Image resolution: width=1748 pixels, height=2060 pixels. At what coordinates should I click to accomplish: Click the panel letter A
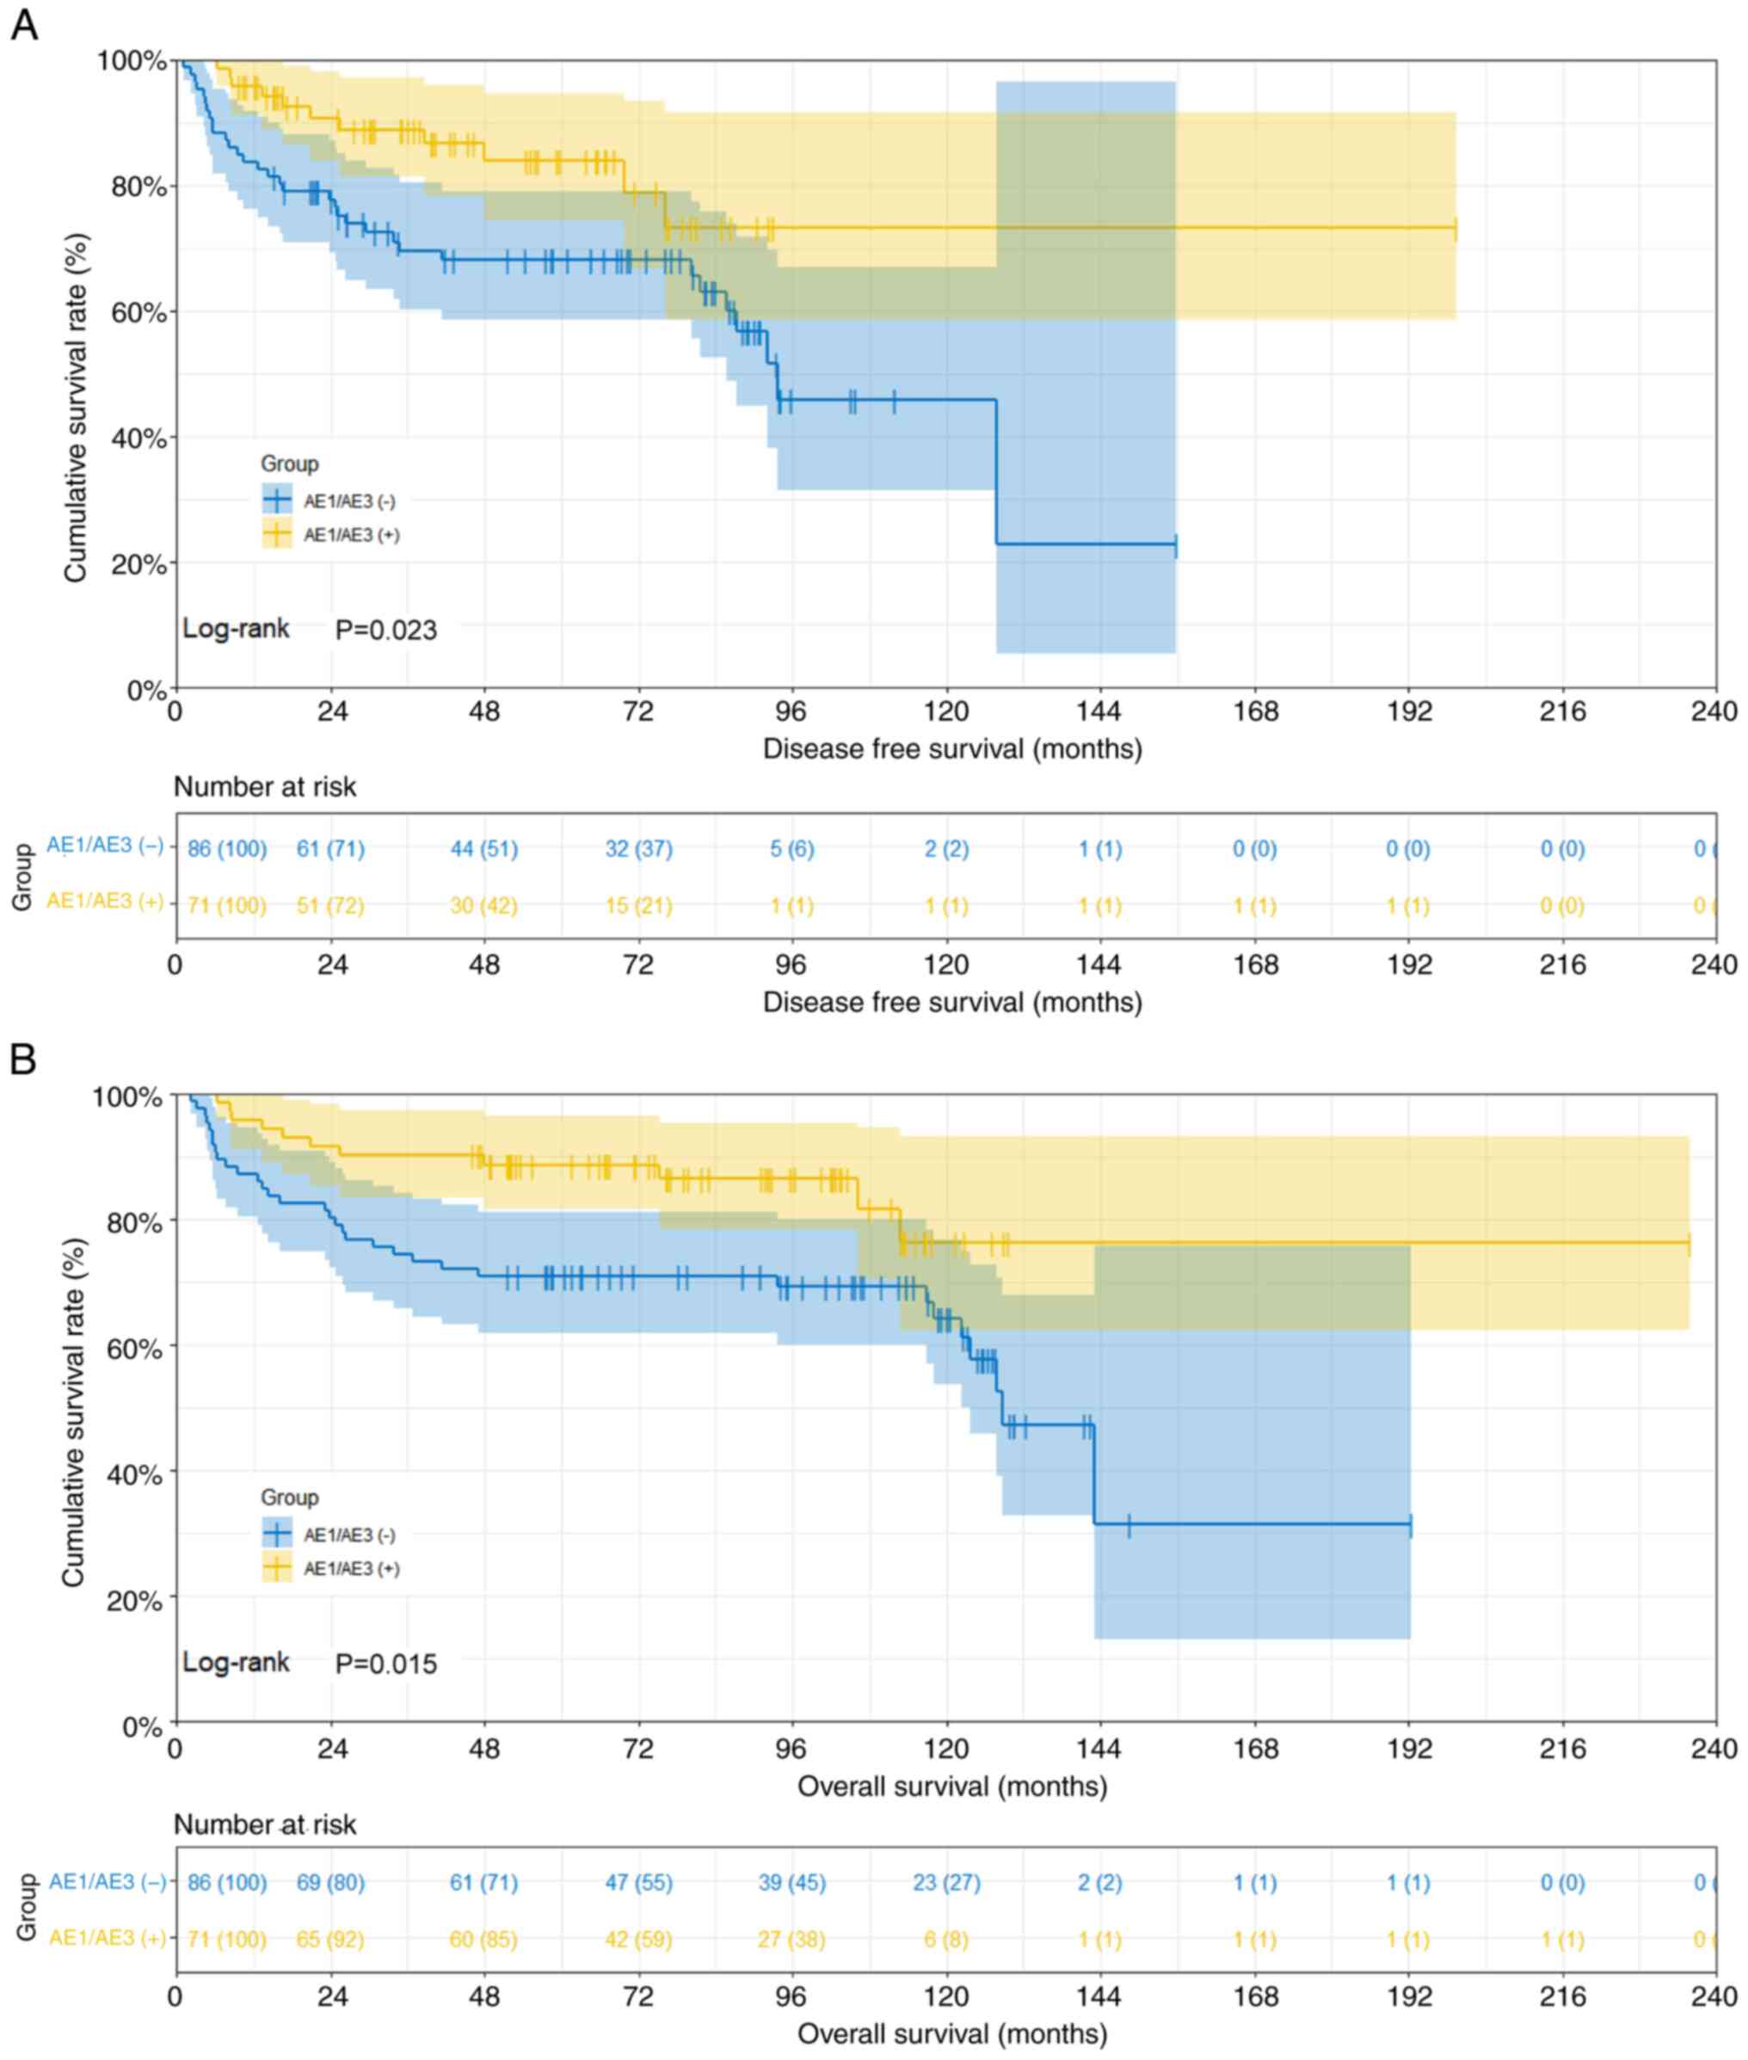[24, 24]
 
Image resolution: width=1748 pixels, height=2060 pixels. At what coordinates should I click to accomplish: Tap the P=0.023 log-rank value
[385, 630]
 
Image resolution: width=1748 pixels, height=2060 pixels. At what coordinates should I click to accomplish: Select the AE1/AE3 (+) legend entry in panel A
[330, 535]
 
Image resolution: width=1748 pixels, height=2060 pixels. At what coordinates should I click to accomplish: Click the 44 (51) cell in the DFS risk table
[483, 849]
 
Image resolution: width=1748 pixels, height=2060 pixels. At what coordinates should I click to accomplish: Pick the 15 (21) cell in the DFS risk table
[638, 906]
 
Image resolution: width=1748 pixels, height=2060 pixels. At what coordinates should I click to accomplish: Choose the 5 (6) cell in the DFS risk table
[791, 849]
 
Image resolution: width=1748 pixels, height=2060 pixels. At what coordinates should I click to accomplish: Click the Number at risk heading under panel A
[265, 787]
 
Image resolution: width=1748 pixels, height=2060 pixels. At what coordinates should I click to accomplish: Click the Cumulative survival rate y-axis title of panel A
[76, 406]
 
